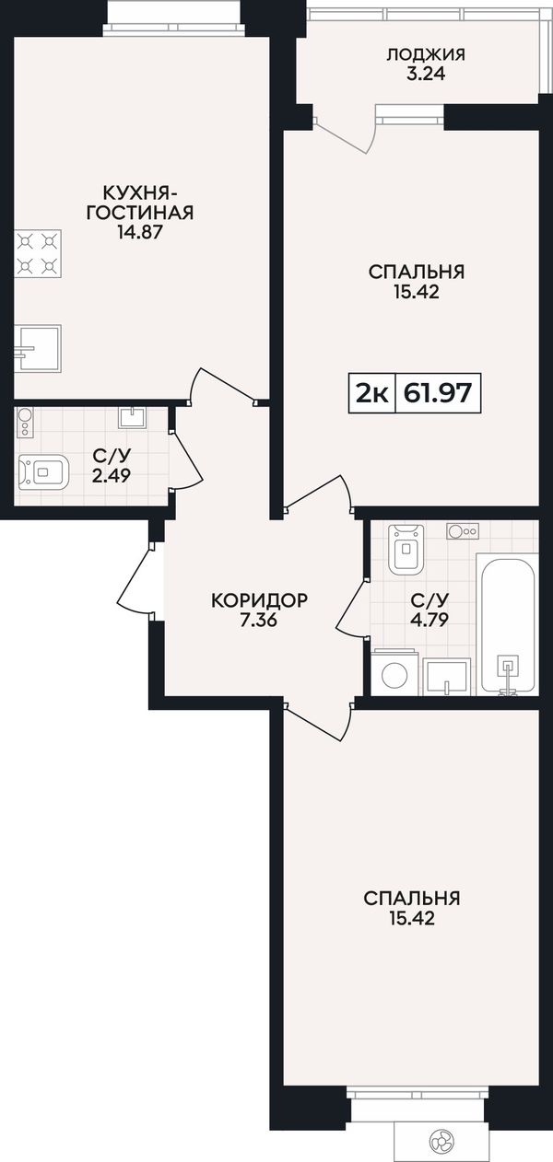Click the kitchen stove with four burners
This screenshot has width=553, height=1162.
point(38,253)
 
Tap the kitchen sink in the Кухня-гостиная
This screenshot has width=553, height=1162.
point(38,348)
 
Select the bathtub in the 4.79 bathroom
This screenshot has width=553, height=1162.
point(507,624)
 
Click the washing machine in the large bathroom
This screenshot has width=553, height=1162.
point(394,672)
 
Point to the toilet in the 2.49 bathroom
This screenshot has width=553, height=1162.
point(43,471)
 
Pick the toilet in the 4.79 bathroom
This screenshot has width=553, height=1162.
point(406,549)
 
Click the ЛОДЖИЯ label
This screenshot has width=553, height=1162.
point(426,54)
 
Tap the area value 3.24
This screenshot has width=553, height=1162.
point(426,75)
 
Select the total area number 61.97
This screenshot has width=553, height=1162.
point(438,392)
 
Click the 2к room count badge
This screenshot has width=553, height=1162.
point(371,394)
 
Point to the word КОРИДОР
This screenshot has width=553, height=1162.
point(259,600)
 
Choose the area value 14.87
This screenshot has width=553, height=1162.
point(140,231)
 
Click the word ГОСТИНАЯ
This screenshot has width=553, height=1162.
point(140,212)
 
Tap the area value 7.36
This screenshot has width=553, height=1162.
point(259,620)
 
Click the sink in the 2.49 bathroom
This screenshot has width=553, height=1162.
point(133,416)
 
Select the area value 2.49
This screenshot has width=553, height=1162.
point(112,475)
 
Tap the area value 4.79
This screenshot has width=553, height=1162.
point(429,620)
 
